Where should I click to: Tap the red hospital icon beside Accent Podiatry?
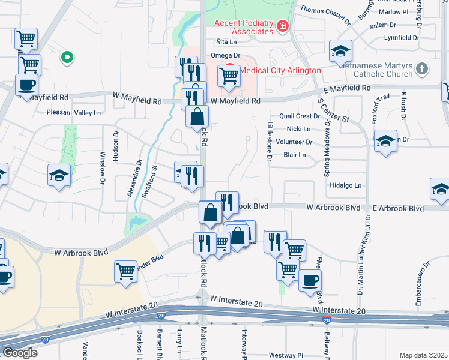[282, 26]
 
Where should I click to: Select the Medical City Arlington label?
[280, 70]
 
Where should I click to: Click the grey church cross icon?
[422, 69]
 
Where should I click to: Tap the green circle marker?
[67, 58]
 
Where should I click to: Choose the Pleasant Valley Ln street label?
[74, 112]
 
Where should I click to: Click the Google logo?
[19, 353]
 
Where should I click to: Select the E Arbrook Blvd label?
[398, 208]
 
